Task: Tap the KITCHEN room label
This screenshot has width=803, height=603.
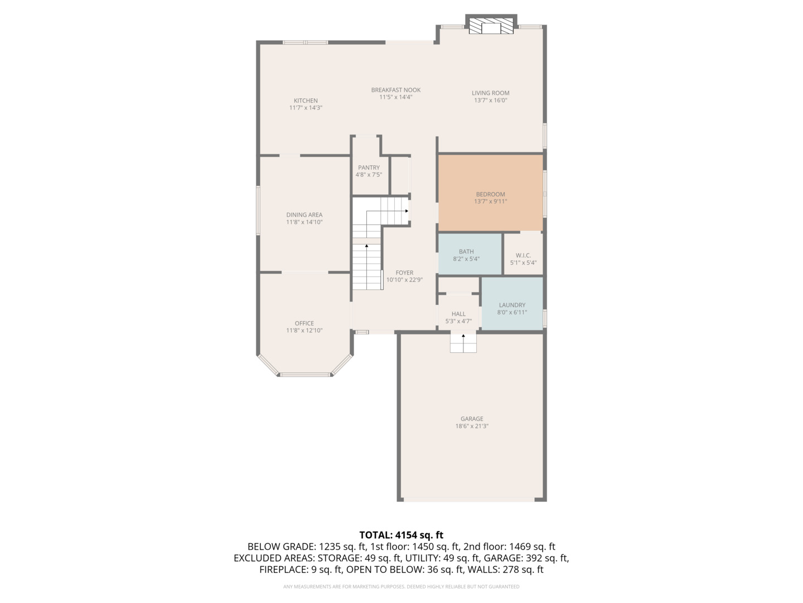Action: pos(306,100)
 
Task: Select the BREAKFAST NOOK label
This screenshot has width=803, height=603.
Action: pos(396,90)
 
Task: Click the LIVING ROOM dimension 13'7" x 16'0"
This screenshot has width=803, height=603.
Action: pos(491,100)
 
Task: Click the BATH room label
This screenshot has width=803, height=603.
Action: pos(466,252)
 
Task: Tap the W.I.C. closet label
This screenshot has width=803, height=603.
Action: pos(523,255)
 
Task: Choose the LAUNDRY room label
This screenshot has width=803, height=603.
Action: pos(512,305)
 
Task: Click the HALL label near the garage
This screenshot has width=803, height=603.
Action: pos(458,314)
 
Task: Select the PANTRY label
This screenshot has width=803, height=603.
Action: pos(369,167)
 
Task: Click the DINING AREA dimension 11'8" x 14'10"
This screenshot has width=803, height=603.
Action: pos(304,222)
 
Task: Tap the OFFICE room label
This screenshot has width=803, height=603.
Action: pos(304,323)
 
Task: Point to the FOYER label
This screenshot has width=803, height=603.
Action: pos(404,272)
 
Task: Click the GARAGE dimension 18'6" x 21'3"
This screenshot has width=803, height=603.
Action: pos(472,426)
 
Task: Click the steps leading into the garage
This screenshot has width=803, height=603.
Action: pos(463,343)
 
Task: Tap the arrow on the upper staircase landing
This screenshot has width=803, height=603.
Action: pos(406,211)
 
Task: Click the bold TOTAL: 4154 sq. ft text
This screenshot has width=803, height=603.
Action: pos(401,535)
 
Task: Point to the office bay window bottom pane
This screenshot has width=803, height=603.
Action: pos(306,375)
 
